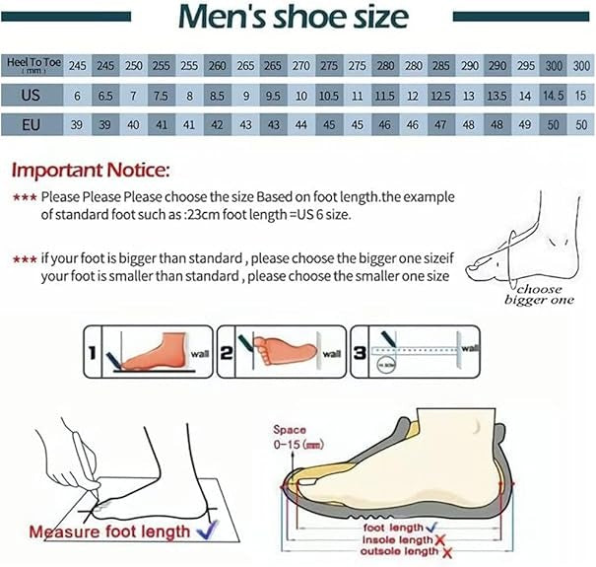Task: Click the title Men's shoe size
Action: (293, 18)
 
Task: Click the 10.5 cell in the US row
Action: (329, 95)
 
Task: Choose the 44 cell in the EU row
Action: (301, 125)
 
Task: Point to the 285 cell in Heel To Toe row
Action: (441, 64)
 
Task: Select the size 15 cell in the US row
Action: (581, 95)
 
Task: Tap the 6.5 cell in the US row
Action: (105, 95)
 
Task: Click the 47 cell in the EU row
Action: (441, 125)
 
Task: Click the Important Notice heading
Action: (92, 169)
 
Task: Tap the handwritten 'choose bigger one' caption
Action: (539, 295)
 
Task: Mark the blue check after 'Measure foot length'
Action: (207, 532)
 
